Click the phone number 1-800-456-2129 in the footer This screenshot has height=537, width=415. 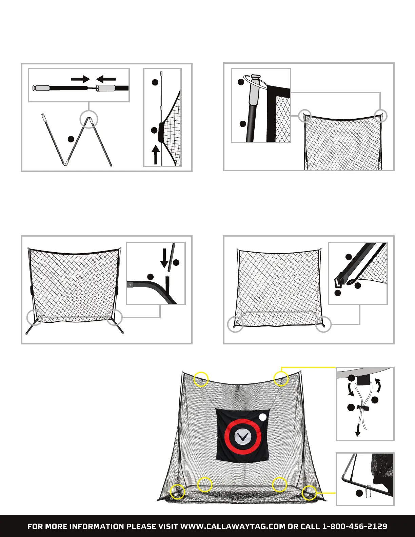[354, 526]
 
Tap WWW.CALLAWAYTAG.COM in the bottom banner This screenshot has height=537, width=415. [233, 526]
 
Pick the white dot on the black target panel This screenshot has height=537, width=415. [263, 417]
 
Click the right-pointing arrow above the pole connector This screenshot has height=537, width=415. [80, 79]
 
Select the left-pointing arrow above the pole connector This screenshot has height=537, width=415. [106, 79]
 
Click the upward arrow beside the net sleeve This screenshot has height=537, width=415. [155, 155]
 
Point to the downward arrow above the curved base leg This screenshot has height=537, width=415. [164, 258]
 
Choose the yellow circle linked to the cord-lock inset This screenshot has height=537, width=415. [281, 378]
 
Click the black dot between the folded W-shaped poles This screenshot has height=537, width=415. [71, 139]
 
